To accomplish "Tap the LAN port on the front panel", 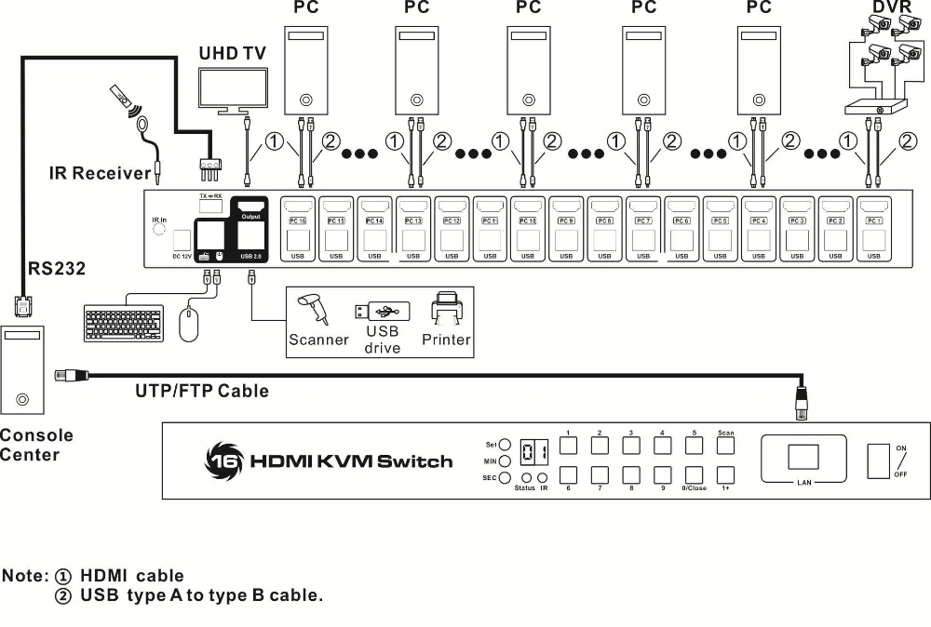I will [803, 457].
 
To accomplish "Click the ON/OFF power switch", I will [878, 461].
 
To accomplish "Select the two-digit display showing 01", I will [533, 452].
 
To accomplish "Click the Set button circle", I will [504, 445].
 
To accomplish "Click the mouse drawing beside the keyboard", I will [189, 324].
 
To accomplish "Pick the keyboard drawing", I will [123, 323].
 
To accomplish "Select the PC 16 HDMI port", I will [297, 207].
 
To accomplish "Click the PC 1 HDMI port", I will [873, 207].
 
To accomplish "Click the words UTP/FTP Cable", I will [201, 391].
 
